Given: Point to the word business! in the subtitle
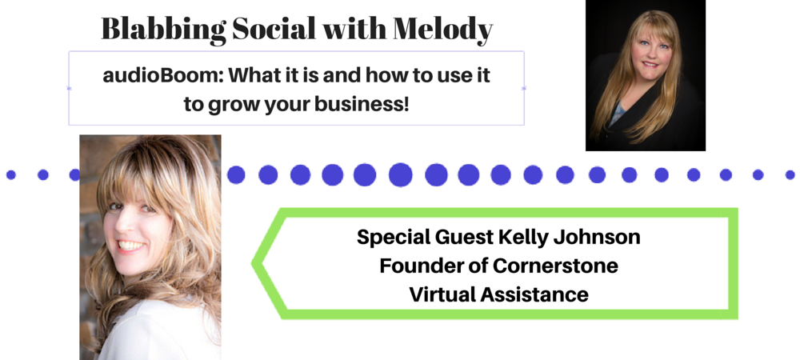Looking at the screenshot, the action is pos(362,105).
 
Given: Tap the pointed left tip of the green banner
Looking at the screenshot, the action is pos(253,263).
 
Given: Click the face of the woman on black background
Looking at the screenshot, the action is pos(649,53).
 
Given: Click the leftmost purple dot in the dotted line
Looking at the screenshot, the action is pos(10,175).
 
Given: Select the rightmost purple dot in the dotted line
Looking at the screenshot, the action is pos(790,175).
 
